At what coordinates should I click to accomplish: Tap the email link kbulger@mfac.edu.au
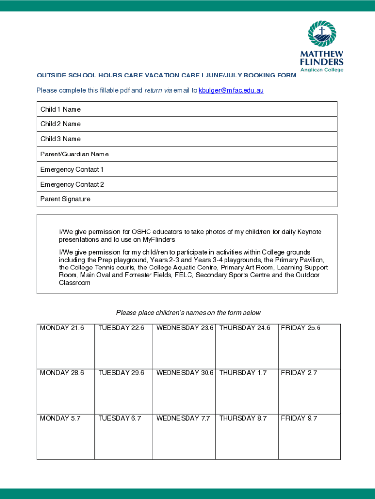[x=231, y=90]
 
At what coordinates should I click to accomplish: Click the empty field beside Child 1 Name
[x=242, y=109]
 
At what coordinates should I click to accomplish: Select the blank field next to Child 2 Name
[x=242, y=124]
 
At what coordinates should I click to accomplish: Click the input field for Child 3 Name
[x=242, y=139]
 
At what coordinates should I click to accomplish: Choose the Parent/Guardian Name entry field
[x=242, y=154]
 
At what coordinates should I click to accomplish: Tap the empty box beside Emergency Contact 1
[x=242, y=170]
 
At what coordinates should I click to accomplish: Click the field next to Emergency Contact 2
[x=242, y=184]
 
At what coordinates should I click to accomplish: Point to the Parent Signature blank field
[x=242, y=199]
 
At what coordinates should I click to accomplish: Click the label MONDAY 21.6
[x=62, y=328]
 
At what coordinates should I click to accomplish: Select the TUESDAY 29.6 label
[x=121, y=373]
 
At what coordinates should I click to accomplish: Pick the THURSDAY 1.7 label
[x=243, y=373]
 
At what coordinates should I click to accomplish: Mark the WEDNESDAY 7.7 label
[x=183, y=418]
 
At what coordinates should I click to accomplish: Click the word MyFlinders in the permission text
[x=159, y=240]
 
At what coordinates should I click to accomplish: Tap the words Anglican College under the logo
[x=322, y=70]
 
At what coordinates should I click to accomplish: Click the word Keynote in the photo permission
[x=309, y=232]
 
